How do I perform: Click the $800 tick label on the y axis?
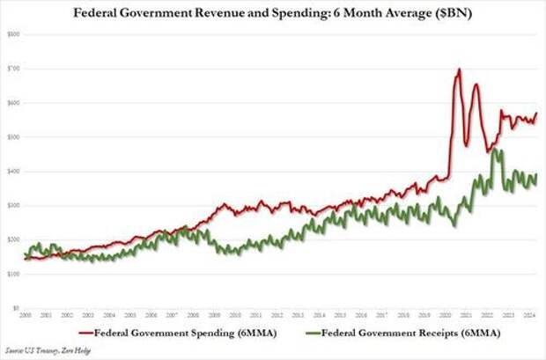[x=15, y=33]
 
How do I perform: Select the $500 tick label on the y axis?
[x=15, y=136]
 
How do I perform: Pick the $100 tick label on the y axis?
[x=15, y=274]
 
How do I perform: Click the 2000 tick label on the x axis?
[x=26, y=314]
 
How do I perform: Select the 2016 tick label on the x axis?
[x=360, y=314]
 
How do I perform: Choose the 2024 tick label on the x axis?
[x=527, y=314]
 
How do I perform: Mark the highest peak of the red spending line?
[x=459, y=69]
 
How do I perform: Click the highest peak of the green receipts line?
[x=496, y=151]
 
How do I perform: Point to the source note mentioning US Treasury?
[x=43, y=350]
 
